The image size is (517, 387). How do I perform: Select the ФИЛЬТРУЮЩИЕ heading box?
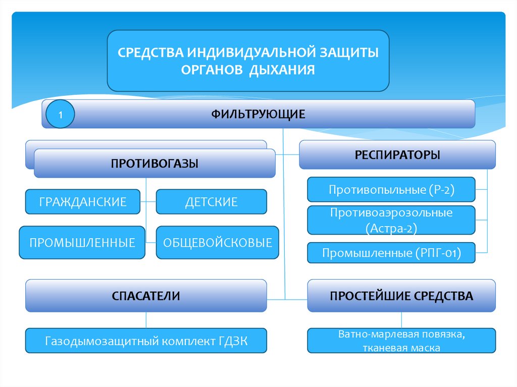point(273,114)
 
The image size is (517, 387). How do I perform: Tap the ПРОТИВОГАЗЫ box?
point(154,163)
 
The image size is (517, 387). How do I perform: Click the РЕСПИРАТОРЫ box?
point(397,154)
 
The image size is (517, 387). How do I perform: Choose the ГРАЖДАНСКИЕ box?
point(83,202)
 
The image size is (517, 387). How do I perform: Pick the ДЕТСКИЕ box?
point(211,202)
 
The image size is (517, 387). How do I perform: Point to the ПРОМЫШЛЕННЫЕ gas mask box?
point(82,243)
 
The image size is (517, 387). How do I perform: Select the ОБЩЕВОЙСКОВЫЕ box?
point(217,243)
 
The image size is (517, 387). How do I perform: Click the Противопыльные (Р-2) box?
point(391,190)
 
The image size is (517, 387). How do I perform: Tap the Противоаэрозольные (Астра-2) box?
point(391,220)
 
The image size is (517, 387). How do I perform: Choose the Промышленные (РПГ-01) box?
point(391,253)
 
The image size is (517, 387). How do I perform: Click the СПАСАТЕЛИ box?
point(146,296)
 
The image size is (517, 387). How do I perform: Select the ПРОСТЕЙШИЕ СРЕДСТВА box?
point(401,296)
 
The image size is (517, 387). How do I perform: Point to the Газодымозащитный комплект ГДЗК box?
point(146,341)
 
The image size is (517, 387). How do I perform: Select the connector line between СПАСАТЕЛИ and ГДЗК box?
point(146,320)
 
